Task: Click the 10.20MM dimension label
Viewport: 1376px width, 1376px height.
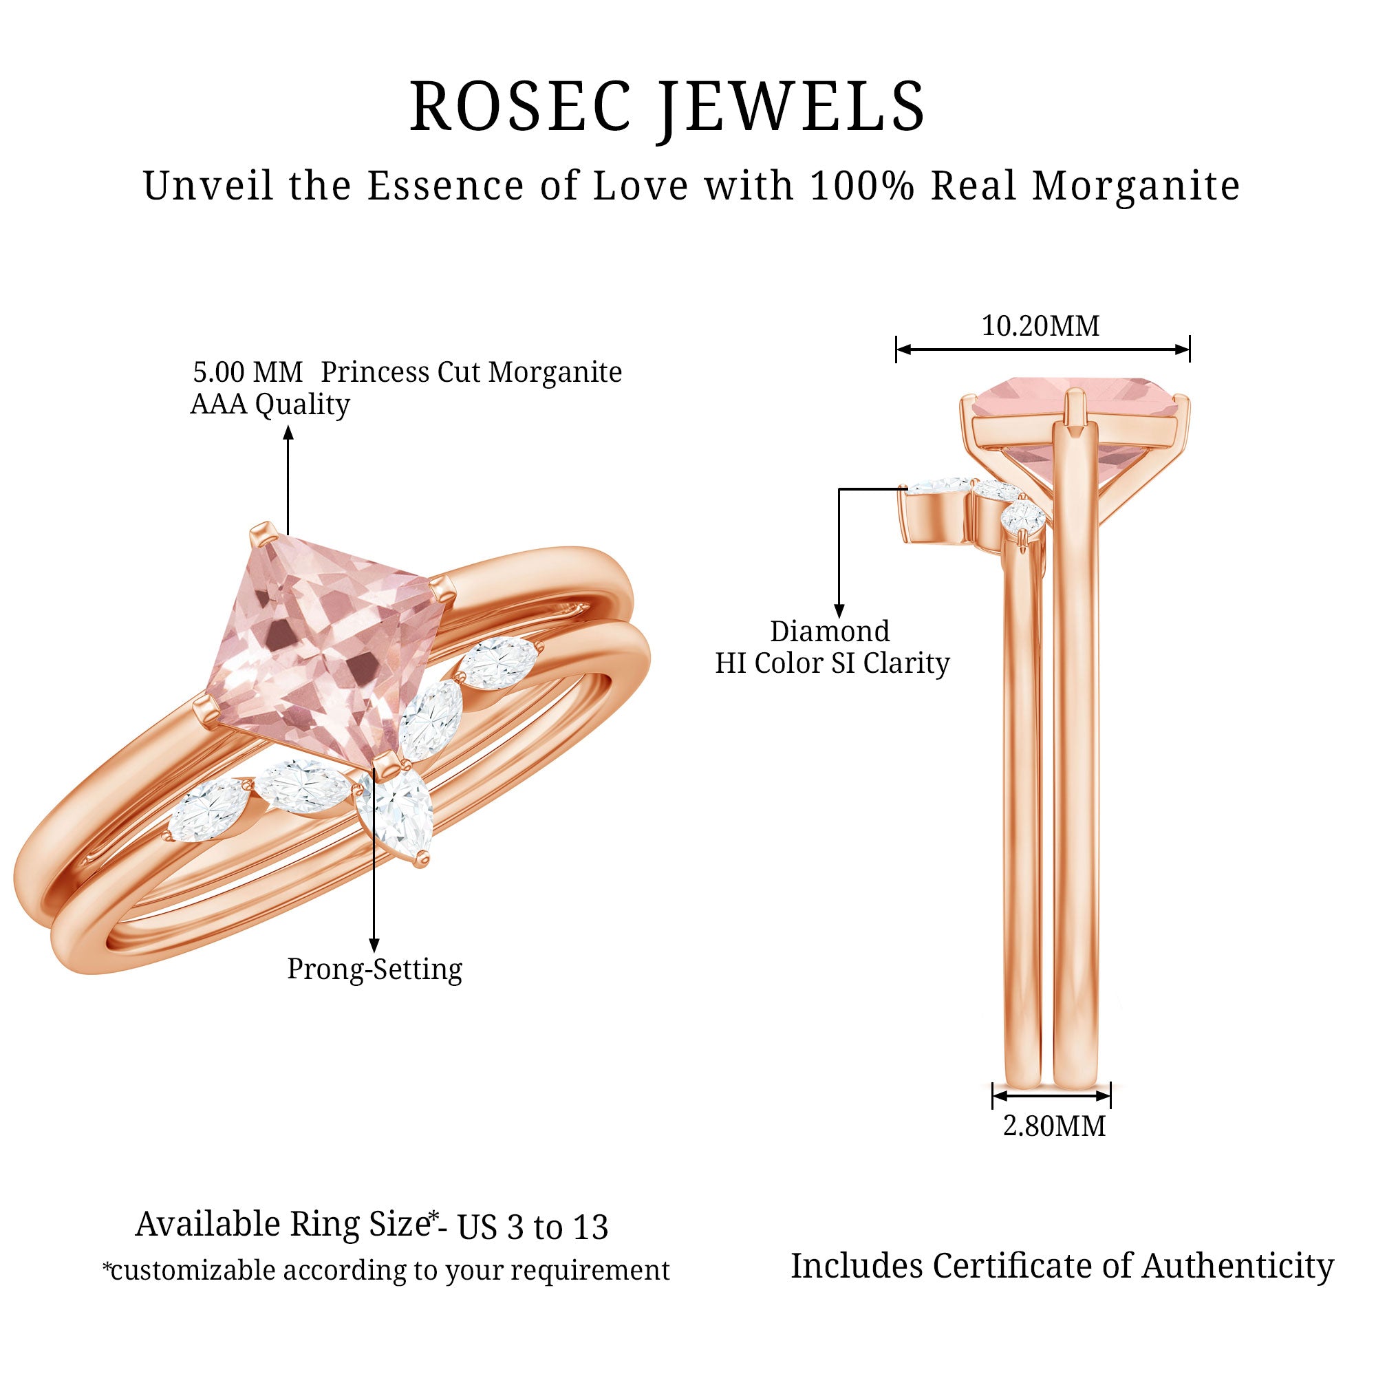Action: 1040,326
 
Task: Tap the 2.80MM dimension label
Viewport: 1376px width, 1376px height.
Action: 1054,1126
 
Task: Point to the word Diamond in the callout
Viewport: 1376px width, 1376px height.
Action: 830,631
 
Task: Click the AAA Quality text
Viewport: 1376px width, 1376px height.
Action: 270,405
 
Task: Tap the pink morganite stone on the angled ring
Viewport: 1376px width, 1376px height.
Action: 327,648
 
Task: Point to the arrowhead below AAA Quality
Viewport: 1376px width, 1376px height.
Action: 288,431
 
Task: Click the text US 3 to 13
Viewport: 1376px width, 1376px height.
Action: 533,1227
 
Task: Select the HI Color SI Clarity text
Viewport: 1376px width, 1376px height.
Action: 832,664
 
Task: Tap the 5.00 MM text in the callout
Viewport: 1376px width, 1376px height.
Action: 248,372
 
